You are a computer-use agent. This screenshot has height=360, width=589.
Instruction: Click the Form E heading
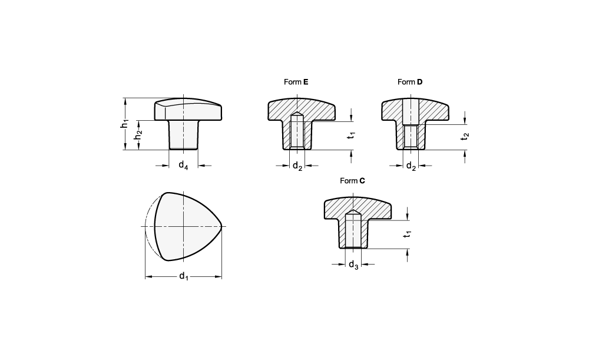(296, 82)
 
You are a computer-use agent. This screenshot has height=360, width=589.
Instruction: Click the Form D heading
(410, 82)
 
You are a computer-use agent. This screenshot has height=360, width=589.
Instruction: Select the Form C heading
(352, 181)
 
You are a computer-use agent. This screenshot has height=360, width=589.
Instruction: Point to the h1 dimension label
(125, 124)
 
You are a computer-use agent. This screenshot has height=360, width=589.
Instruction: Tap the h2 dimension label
(138, 134)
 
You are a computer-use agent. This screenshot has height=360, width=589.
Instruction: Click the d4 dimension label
(183, 165)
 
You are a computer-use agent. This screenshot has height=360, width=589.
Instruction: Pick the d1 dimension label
(183, 276)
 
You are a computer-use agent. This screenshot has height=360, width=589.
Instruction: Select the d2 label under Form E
(297, 166)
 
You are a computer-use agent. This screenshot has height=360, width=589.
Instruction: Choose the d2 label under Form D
(411, 166)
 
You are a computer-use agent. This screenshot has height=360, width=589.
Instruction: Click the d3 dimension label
(353, 265)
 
